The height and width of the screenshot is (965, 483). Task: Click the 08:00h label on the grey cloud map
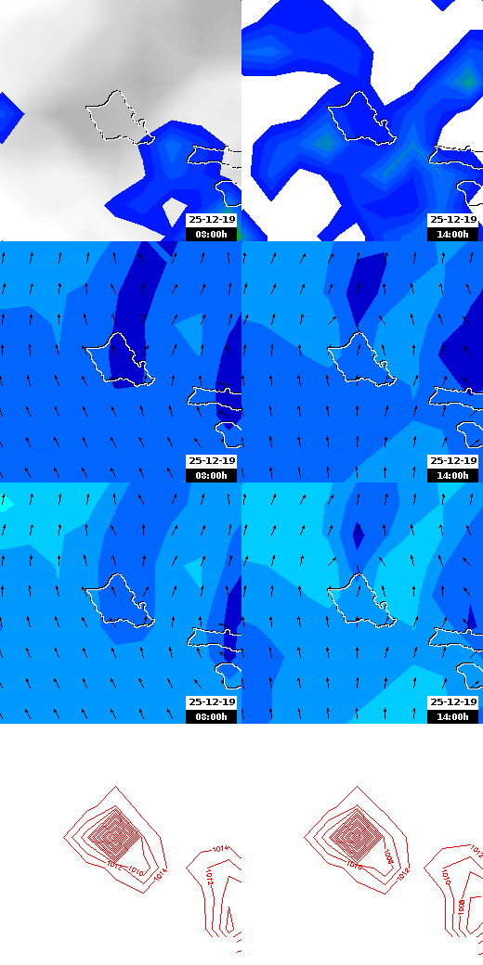[212, 235]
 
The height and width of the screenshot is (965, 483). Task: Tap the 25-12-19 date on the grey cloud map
[212, 220]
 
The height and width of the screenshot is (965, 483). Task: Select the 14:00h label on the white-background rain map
[453, 235]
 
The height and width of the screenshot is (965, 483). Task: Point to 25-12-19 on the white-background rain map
[453, 220]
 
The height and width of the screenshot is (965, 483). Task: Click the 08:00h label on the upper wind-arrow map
[212, 476]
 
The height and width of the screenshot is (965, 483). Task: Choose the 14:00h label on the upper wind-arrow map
[453, 476]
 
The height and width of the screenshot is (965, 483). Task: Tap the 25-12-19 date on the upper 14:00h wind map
[453, 461]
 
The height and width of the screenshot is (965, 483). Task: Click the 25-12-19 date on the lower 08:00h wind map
[212, 702]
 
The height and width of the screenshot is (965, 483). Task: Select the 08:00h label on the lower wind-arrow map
[212, 717]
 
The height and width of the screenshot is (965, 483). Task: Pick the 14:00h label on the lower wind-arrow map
[453, 717]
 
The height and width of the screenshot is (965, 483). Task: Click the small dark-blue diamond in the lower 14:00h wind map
[358, 535]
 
